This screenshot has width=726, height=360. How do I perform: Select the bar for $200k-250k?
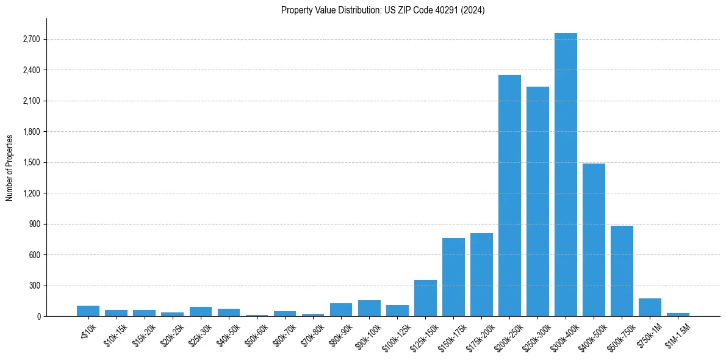click(509, 195)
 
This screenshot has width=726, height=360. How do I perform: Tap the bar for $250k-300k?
click(537, 201)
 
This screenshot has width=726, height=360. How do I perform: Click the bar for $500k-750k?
click(622, 271)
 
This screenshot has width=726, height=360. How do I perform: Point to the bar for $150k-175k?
click(453, 277)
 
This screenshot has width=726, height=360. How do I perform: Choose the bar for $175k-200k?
click(481, 275)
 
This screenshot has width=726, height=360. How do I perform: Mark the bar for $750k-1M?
click(650, 308)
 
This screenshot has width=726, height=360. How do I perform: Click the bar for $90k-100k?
click(369, 308)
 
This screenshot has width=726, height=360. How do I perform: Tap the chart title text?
click(383, 10)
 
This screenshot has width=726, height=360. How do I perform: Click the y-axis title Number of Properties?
click(10, 167)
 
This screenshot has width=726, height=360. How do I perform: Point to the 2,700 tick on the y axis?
click(31, 39)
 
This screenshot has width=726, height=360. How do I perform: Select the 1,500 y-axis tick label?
click(31, 162)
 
